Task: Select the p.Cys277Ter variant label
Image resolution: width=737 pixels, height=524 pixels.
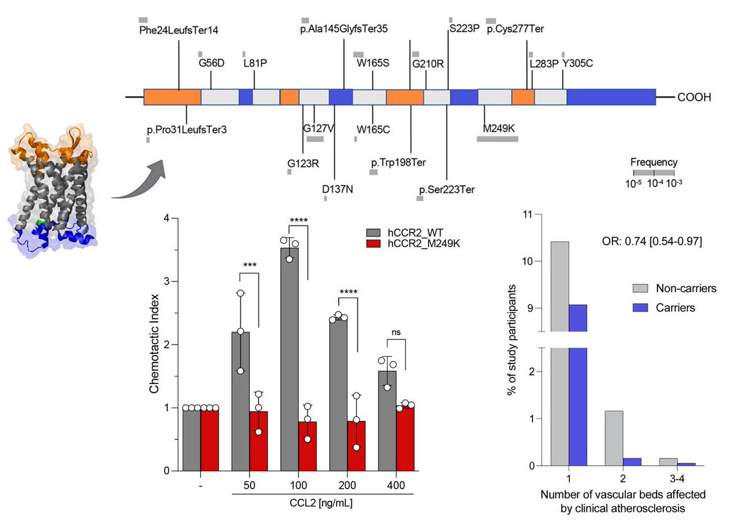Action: click(515, 29)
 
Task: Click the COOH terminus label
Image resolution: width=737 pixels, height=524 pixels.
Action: click(695, 97)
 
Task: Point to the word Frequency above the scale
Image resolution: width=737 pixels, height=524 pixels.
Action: click(653, 163)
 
